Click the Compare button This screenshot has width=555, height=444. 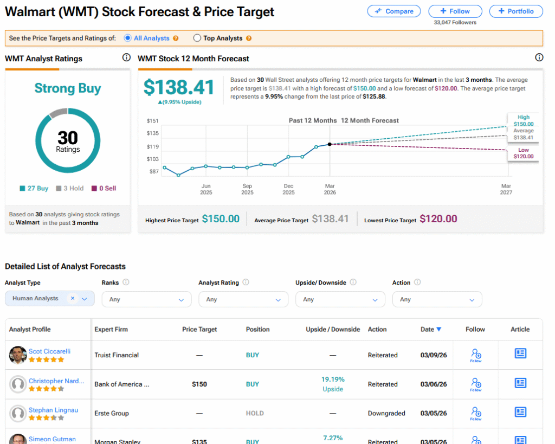point(394,11)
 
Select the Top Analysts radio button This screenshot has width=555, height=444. point(197,38)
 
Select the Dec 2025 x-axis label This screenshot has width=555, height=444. point(288,189)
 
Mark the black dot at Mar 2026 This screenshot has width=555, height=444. point(330,144)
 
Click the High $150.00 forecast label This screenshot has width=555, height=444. point(523,120)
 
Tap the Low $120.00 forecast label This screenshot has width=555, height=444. point(523,153)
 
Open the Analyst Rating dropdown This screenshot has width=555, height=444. point(243,299)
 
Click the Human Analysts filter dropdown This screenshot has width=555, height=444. point(49,299)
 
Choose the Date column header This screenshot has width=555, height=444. point(430,329)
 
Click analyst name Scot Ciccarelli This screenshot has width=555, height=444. point(49,351)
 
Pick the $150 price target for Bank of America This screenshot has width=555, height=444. point(199,384)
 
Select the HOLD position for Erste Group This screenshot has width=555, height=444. point(253,413)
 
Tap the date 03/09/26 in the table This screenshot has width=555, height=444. point(434,355)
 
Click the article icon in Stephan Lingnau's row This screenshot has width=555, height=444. point(520,412)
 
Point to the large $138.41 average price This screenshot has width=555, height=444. point(179,87)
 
